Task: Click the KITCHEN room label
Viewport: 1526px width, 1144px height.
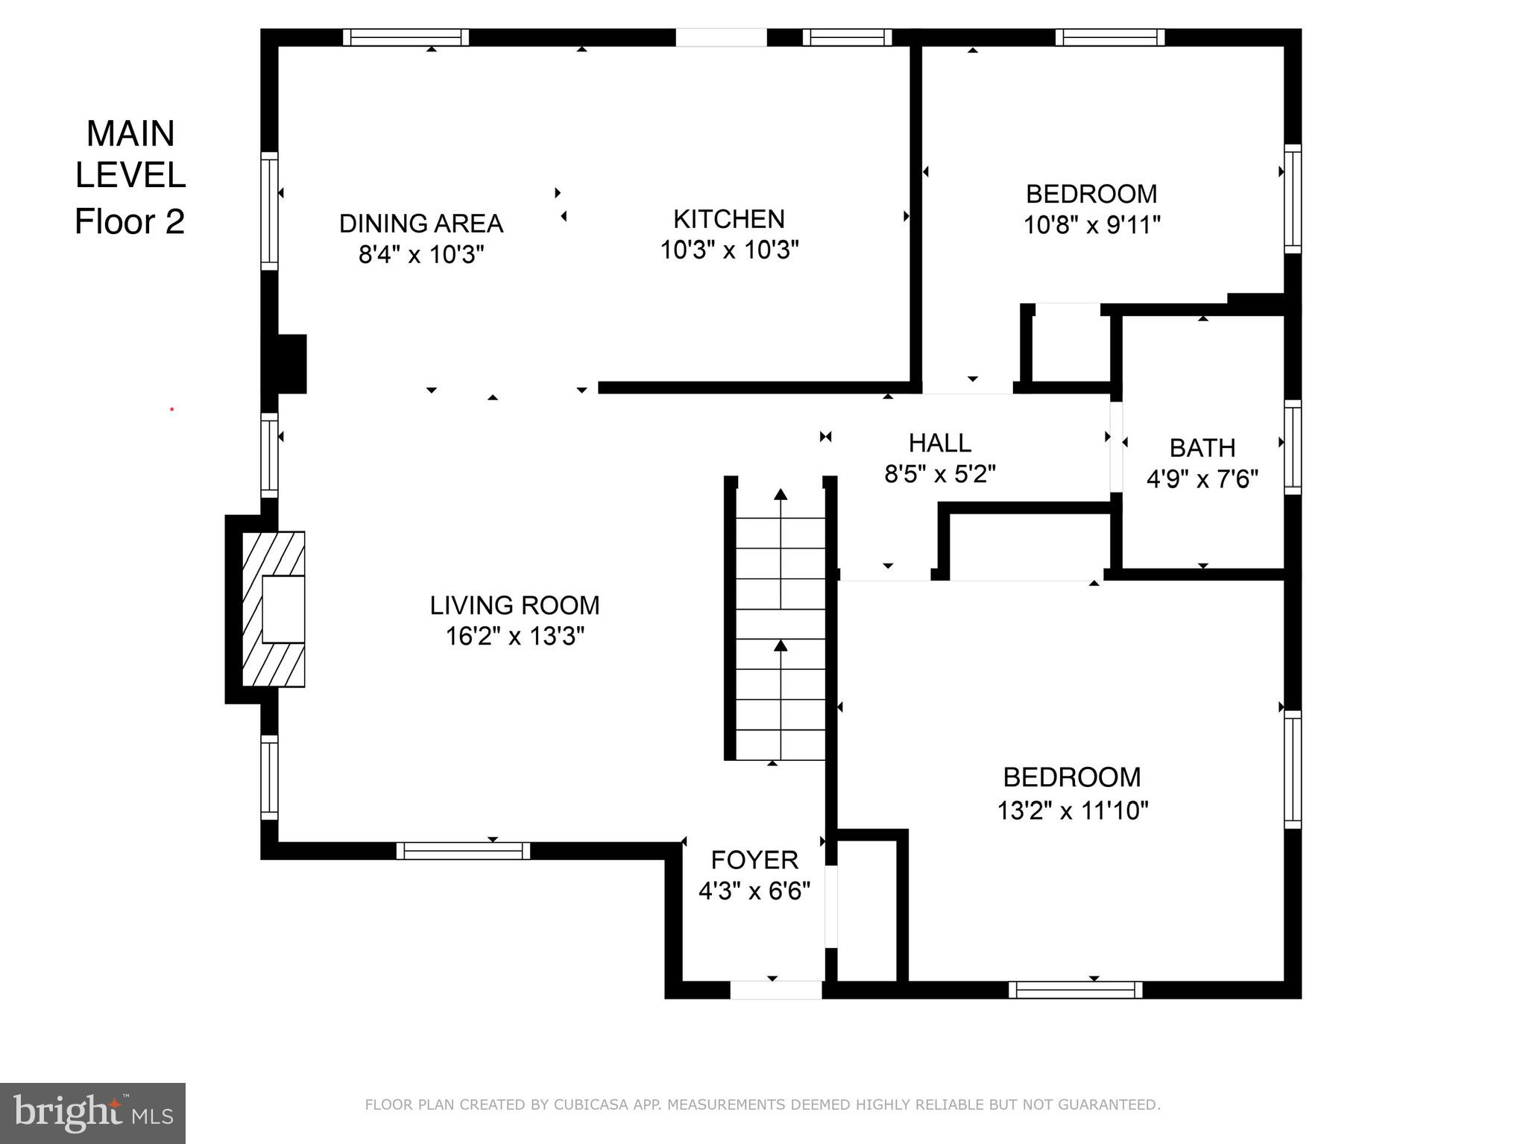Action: (x=728, y=219)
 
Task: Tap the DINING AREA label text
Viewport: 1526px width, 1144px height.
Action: (x=421, y=224)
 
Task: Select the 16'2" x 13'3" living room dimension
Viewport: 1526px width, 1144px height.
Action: (x=514, y=636)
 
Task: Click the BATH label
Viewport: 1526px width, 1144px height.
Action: (x=1202, y=448)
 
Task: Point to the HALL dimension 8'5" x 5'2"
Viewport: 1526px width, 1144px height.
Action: (x=939, y=474)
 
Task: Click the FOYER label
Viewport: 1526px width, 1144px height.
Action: (x=754, y=860)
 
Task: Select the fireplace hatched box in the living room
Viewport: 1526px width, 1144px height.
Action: (x=274, y=609)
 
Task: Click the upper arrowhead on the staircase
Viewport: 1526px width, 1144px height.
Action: (x=781, y=493)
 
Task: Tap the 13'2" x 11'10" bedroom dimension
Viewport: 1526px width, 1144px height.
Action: (x=1072, y=810)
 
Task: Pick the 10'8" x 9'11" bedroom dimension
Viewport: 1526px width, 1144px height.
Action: (x=1091, y=224)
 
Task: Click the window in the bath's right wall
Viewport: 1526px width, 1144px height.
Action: (x=1293, y=447)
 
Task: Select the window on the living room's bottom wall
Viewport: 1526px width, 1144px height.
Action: (x=463, y=850)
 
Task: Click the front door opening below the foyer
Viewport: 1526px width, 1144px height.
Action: (x=775, y=990)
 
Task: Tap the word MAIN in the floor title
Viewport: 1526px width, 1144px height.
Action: (x=130, y=134)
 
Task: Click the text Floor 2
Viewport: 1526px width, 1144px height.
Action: (x=130, y=221)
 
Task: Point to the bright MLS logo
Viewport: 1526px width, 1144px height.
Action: (x=92, y=1113)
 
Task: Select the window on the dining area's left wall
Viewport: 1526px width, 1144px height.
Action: (x=269, y=211)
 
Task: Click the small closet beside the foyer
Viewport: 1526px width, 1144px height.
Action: (x=867, y=911)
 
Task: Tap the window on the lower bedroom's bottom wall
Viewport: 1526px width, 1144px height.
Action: (x=1075, y=990)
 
